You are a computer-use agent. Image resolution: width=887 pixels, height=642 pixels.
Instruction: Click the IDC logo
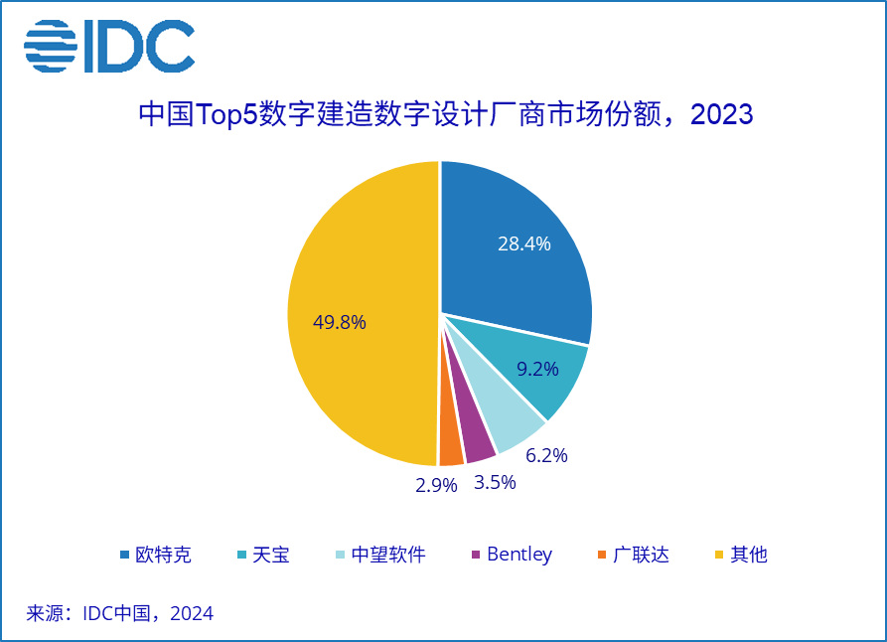109,46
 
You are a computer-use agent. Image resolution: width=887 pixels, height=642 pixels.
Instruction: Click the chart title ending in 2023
445,114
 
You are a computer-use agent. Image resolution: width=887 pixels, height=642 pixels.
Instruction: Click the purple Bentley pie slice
479,445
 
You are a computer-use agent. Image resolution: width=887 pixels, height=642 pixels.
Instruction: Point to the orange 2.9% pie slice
451,449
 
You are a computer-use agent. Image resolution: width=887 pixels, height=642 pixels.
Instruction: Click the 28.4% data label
523,243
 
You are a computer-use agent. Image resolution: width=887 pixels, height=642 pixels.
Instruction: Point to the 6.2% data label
545,455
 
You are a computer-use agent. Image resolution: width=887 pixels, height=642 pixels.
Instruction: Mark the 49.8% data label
340,322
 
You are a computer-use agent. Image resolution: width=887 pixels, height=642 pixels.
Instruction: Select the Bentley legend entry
511,555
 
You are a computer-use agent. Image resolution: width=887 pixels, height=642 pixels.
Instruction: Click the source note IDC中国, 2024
119,613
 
